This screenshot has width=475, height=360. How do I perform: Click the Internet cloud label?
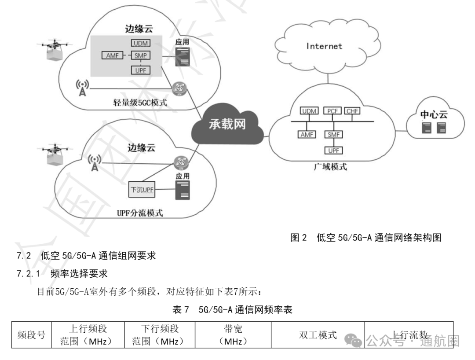(x=324, y=46)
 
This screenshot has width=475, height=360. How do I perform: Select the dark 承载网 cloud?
(x=227, y=124)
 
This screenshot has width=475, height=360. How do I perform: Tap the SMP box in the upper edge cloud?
(x=140, y=55)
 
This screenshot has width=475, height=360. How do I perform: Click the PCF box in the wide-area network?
(x=332, y=111)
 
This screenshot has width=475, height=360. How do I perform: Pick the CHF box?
(x=352, y=111)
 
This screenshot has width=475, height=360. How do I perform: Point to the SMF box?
(x=333, y=134)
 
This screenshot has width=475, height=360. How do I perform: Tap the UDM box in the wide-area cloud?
(x=310, y=111)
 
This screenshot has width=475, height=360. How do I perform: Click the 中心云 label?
(x=434, y=115)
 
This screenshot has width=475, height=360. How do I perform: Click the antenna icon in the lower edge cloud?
(x=94, y=163)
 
